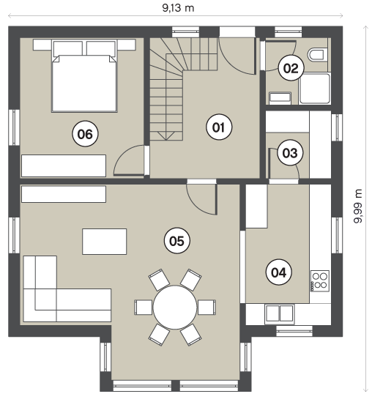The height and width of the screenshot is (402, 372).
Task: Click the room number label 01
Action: point(219,127)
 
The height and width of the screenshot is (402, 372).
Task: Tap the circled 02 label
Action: point(291,68)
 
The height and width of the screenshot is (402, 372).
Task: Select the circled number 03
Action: point(290,153)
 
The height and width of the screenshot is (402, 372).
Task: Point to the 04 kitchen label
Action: point(279,272)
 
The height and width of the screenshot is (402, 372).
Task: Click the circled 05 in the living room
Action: point(177,241)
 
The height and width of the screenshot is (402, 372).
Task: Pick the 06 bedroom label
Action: point(85,134)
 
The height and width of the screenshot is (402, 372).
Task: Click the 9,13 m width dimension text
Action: point(178,8)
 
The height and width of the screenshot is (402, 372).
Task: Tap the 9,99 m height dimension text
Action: point(358,206)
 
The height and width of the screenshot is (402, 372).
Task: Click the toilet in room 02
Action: point(318,55)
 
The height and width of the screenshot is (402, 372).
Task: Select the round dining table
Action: point(175,308)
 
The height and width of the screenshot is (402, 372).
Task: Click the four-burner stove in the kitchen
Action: point(320,280)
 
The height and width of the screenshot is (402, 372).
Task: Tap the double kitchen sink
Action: point(280,313)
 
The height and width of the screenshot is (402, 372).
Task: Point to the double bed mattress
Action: point(84,83)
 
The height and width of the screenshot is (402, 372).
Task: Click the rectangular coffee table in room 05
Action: point(104,242)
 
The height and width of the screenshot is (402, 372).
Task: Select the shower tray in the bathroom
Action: point(315,89)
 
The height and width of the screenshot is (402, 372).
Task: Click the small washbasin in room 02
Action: point(280,98)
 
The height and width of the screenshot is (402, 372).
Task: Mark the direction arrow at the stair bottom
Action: point(166,136)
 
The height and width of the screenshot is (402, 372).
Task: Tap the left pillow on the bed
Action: point(67,48)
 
